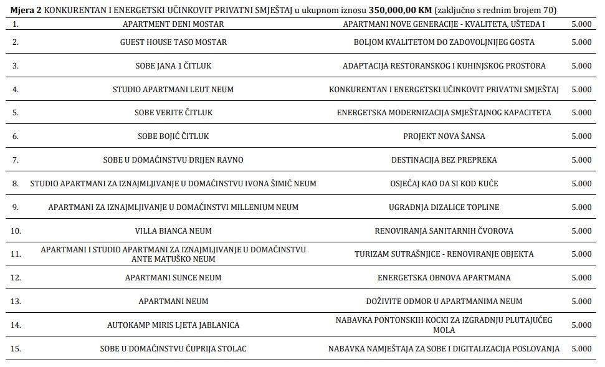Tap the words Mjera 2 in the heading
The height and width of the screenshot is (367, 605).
[x=26, y=11]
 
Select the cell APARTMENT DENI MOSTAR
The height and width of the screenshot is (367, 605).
[x=173, y=24]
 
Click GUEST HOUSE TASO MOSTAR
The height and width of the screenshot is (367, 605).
[x=173, y=42]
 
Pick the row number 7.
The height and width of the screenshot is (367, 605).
[x=16, y=160]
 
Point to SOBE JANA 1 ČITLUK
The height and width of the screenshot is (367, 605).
[x=173, y=66]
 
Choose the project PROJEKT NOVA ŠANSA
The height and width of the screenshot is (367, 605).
[x=444, y=136]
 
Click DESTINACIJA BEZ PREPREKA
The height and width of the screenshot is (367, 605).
[x=444, y=160]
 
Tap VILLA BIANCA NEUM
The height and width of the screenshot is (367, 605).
[x=173, y=231]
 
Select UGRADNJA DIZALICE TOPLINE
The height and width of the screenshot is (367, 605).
[x=444, y=207]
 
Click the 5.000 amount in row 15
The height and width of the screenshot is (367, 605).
[x=581, y=349]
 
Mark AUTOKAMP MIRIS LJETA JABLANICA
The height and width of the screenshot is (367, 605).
[x=173, y=325]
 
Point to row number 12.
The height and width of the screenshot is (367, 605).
[x=16, y=278]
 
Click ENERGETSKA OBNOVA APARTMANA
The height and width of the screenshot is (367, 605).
[x=444, y=278]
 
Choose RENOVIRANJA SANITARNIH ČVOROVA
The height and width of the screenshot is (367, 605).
[x=444, y=231]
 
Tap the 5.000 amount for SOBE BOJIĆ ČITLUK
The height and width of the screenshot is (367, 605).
[x=581, y=136]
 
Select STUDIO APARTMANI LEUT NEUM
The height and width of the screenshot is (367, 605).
[x=173, y=90]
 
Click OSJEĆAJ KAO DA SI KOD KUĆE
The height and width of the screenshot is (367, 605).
[x=444, y=184]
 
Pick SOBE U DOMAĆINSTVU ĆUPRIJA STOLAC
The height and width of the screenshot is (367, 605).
[x=173, y=349]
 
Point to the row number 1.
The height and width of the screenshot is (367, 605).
[x=16, y=24]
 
